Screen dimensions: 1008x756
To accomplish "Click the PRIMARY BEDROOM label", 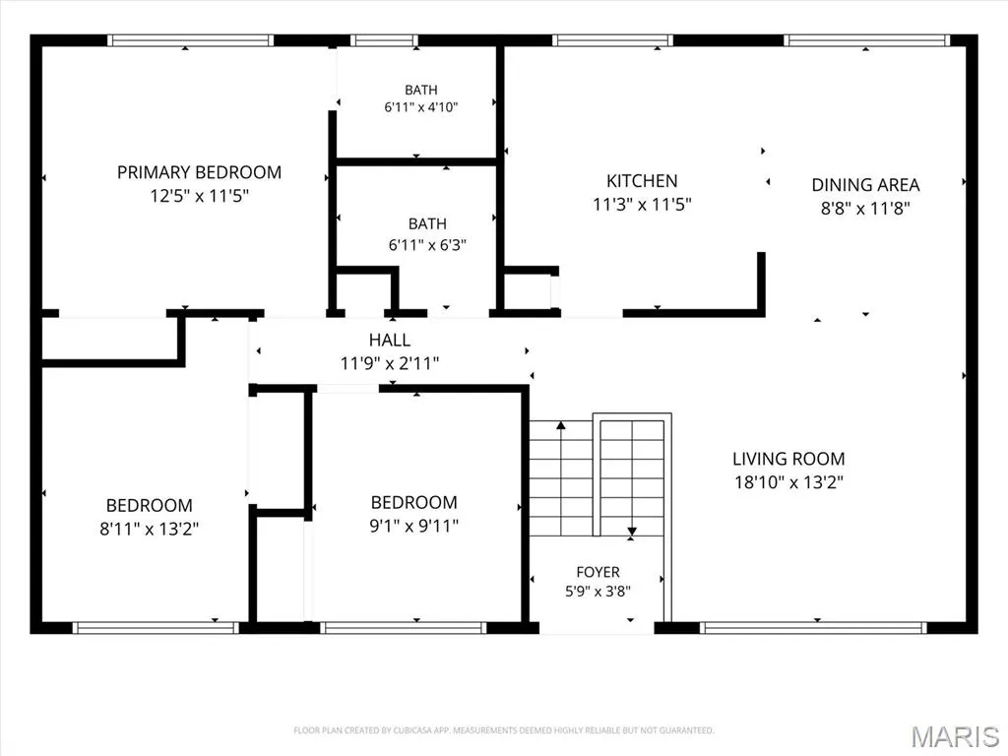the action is pos(199,172).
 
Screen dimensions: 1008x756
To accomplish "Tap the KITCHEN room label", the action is pos(642,181).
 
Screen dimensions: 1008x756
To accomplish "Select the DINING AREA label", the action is pos(865,185).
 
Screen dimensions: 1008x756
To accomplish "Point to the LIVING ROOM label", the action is pos(788,459).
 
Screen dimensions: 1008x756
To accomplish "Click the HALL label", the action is pos(390,340).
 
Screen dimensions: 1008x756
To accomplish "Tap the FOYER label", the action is pos(598,572).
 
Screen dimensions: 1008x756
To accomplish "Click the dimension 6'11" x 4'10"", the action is pos(421,107).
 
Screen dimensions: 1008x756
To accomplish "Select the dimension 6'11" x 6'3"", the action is pos(427,245).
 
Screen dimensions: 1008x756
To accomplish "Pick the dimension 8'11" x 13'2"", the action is pos(150,529).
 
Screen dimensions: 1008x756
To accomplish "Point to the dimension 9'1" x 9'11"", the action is pos(414,526).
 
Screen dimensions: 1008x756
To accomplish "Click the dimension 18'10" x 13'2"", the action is pos(788,482).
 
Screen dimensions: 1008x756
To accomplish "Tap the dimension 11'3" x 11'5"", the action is pos(642,205).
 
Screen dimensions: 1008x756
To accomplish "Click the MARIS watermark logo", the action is pos(955,736).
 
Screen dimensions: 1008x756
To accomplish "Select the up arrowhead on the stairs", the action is pos(561,425).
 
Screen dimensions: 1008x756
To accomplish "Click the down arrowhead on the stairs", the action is pos(632,532).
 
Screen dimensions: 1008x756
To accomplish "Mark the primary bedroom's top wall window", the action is pos(190,40).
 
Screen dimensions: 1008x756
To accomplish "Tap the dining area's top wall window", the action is pos(866,40).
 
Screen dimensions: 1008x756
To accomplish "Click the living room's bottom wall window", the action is pos(813,628).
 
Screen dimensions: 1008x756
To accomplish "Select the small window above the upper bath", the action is pos(385,40).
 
